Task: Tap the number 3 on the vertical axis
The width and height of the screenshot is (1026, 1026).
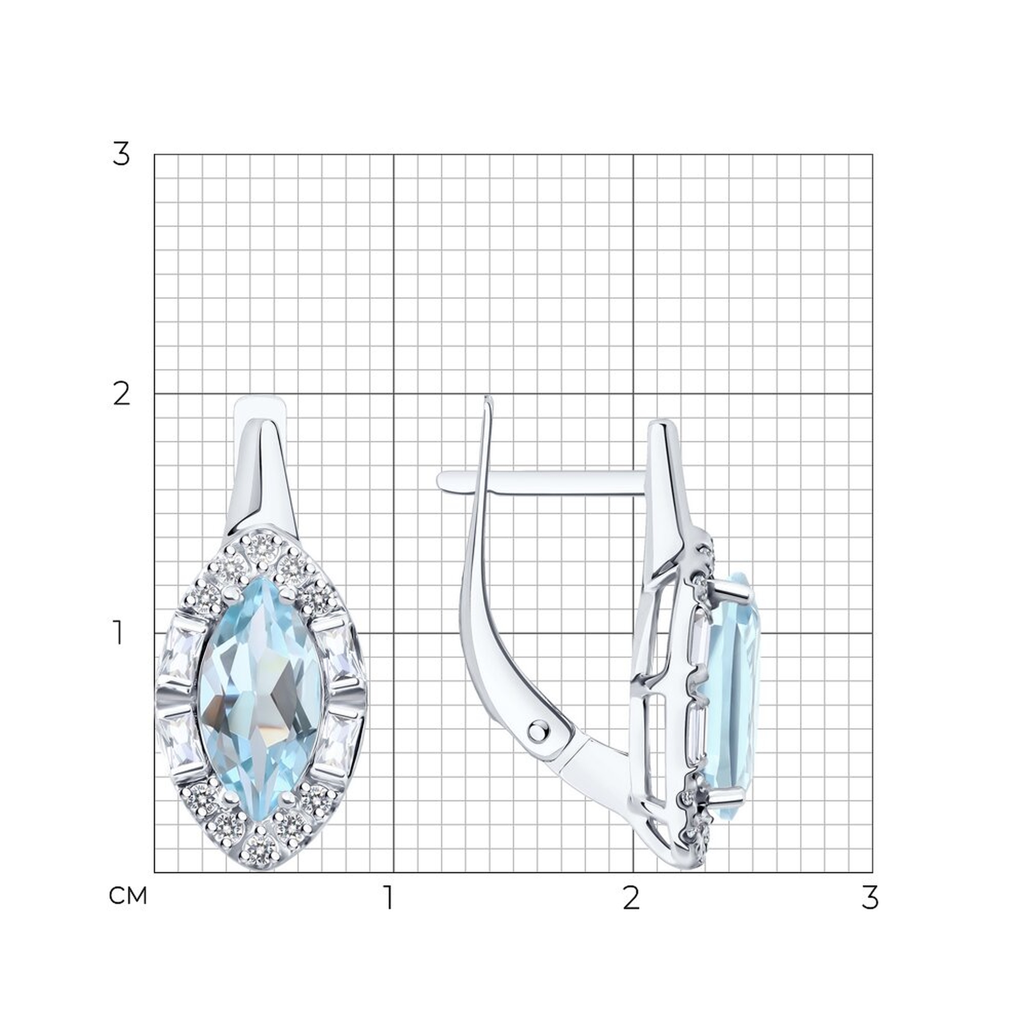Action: [121, 154]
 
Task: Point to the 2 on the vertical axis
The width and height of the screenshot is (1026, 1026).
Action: [122, 394]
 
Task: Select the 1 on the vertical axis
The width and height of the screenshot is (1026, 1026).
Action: [119, 634]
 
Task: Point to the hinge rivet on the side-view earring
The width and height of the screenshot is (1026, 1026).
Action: [539, 731]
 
